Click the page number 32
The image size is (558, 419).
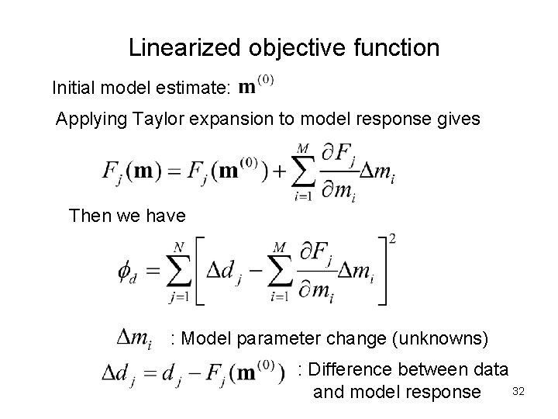point(518,393)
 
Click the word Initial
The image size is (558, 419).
point(75,88)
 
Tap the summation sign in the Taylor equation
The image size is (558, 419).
point(304,171)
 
